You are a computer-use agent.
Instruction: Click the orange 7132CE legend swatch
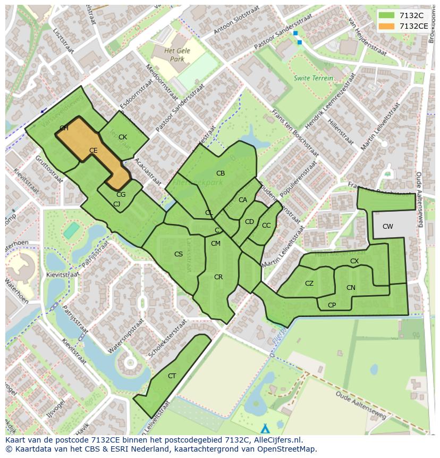(387, 26)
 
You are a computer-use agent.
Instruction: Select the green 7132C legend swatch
(387, 15)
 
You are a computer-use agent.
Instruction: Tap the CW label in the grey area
(388, 227)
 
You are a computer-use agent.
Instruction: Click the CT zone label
(172, 376)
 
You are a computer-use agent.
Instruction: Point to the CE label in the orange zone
(94, 151)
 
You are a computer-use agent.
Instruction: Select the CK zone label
(123, 137)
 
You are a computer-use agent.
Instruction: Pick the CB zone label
(221, 173)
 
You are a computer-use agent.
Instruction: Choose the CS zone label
(179, 254)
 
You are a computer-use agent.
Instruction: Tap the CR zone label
(218, 277)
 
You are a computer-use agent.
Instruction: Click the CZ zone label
(309, 284)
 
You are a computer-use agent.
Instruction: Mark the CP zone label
(332, 305)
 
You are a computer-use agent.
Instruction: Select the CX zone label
(354, 261)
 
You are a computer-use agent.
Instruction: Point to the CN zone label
(351, 288)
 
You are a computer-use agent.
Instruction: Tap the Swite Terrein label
(314, 78)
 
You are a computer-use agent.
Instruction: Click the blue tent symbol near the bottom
(265, 428)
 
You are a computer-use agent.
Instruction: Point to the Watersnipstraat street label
(126, 337)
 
